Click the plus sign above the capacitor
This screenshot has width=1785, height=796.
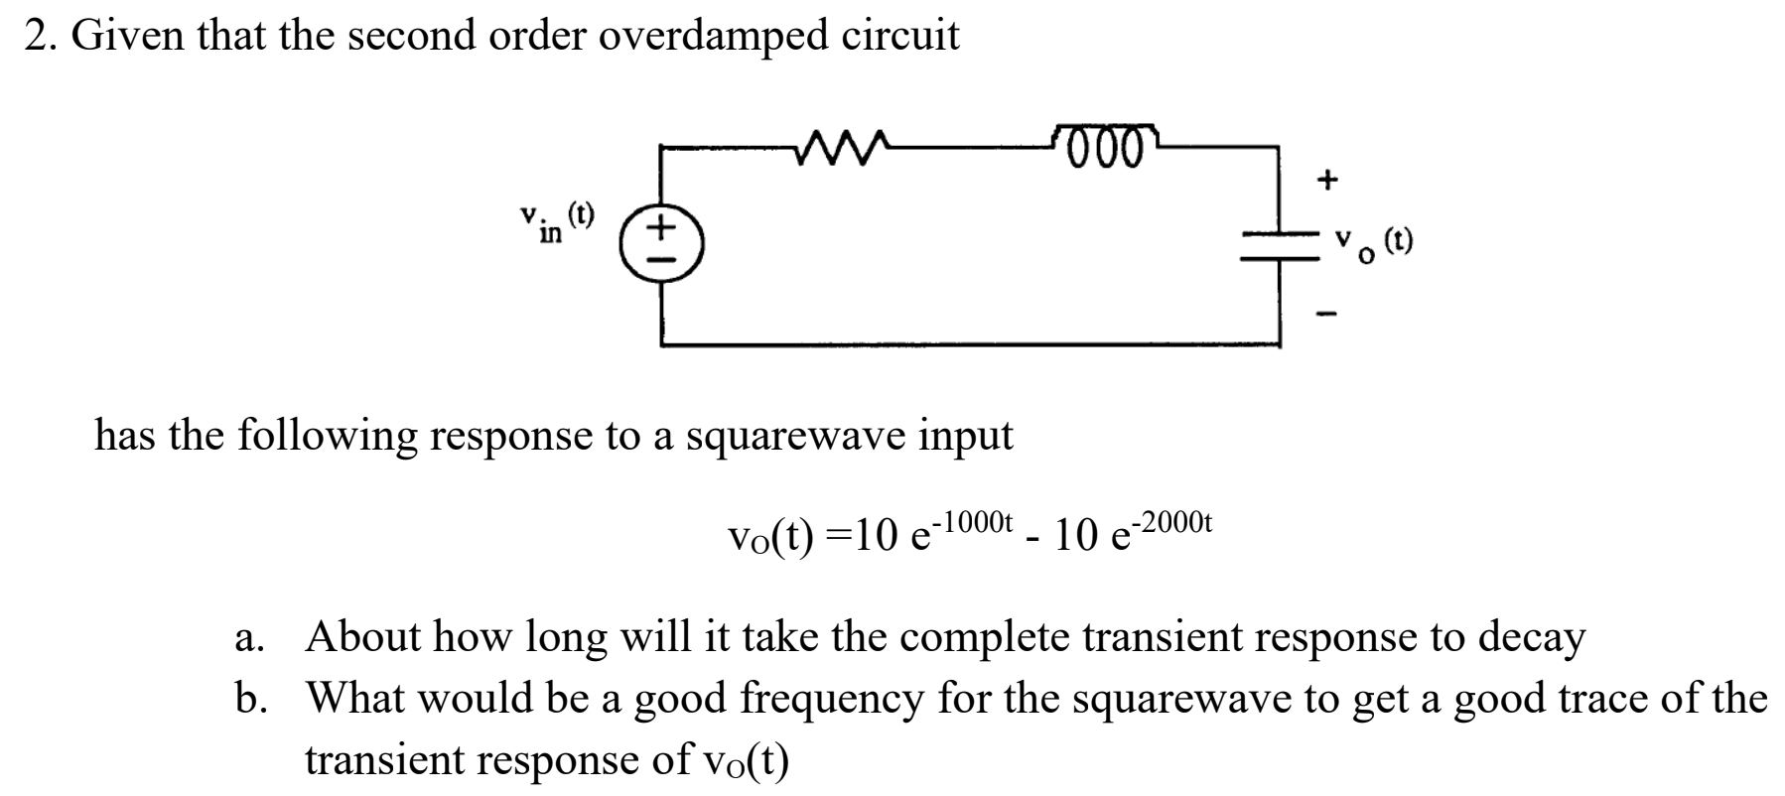[x=1327, y=180]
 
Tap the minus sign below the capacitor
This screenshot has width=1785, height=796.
[x=1327, y=316]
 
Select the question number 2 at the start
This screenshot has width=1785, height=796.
[x=36, y=37]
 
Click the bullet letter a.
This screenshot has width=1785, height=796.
[x=245, y=638]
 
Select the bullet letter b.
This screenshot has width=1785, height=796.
[x=246, y=699]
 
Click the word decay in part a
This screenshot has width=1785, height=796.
[x=1531, y=638]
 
